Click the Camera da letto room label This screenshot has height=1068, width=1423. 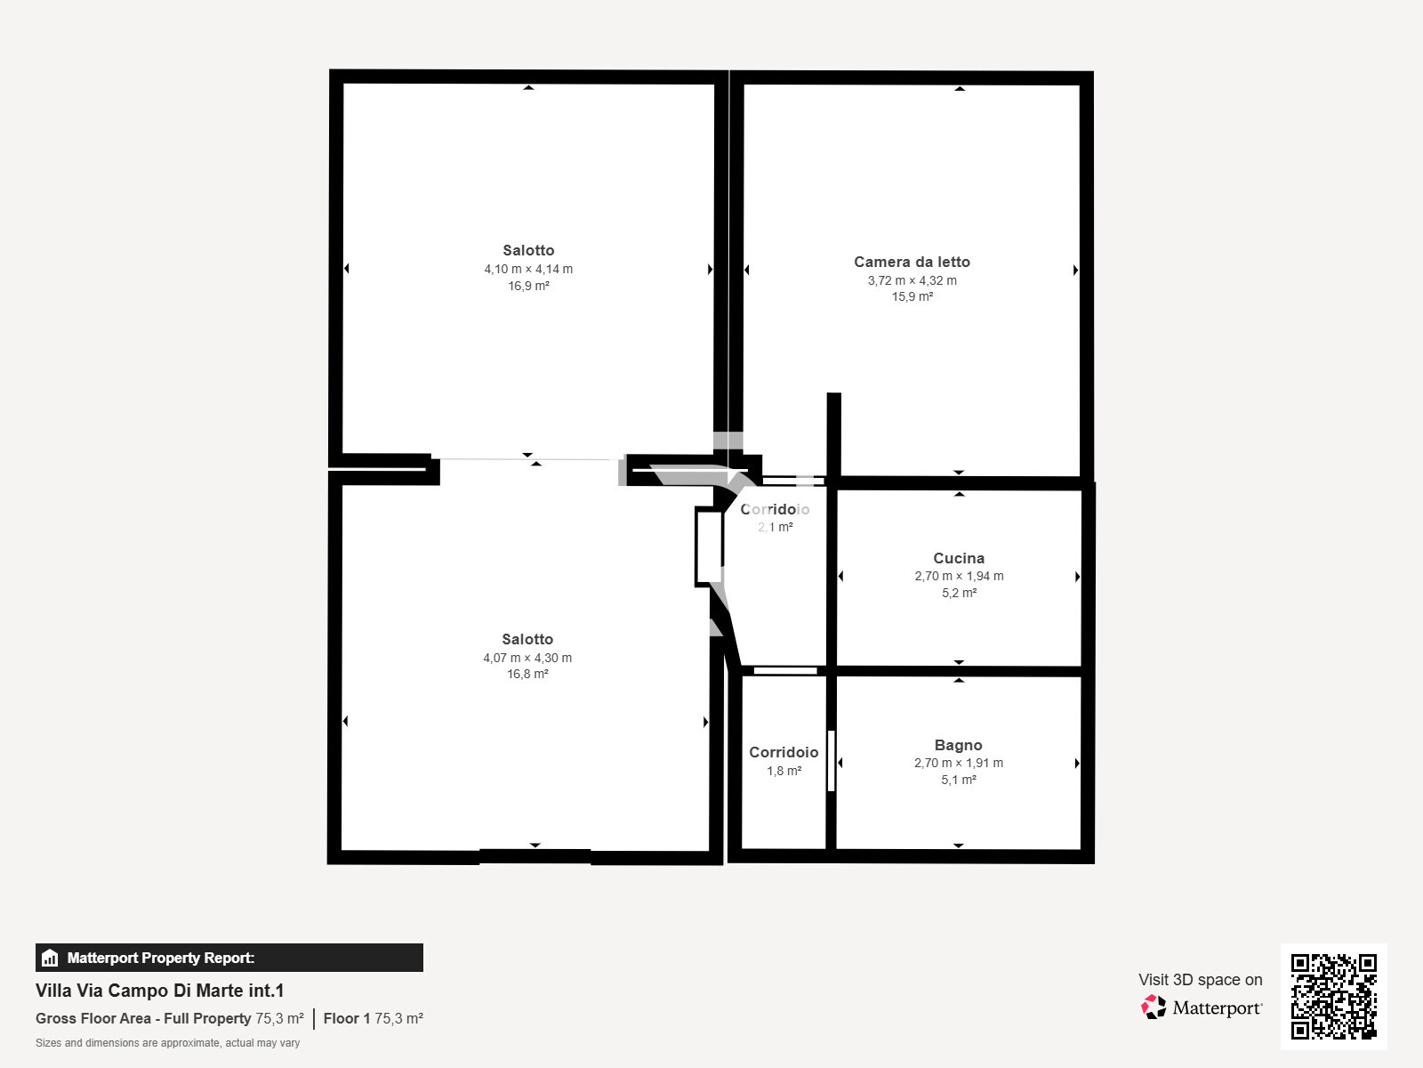point(912,262)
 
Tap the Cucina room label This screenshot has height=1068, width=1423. point(959,558)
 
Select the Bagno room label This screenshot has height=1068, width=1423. point(958,745)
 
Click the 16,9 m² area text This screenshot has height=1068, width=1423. point(528,286)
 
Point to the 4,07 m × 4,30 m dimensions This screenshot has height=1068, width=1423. point(527,658)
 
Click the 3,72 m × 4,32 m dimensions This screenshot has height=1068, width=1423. point(912,280)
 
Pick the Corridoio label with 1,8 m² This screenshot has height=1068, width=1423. point(784,752)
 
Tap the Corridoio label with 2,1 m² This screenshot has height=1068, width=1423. point(775,509)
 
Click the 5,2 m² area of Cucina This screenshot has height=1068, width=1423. point(959,593)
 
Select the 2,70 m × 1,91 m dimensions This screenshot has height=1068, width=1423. point(958,763)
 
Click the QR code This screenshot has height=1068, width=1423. point(1333,996)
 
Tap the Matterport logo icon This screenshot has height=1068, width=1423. point(1154,1007)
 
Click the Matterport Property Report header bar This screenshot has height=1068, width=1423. point(229,958)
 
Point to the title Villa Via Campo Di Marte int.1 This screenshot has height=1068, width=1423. point(160,991)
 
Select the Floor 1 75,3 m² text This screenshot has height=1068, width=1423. point(373,1018)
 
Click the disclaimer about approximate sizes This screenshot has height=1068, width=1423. point(167,1043)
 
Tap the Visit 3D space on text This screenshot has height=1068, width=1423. point(1200,979)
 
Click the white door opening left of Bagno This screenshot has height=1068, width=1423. point(832,761)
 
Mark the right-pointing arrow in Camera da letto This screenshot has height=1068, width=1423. point(1075,270)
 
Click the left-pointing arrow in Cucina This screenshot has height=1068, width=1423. point(841,576)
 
